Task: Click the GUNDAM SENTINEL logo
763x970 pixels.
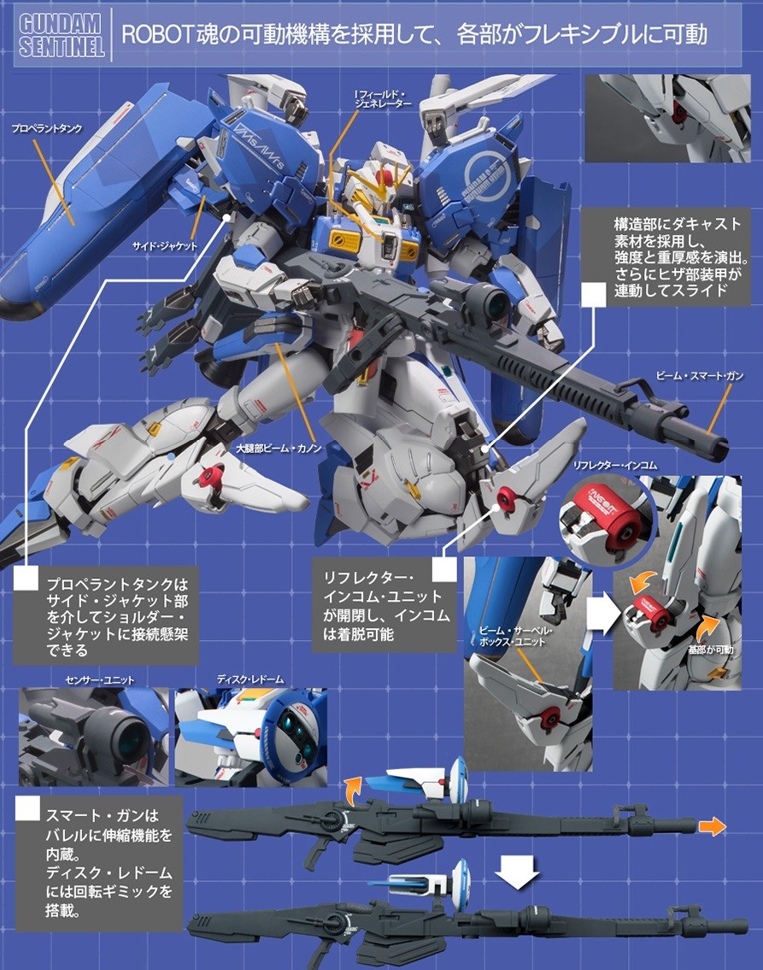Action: click(x=61, y=35)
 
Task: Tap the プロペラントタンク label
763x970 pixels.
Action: click(x=46, y=128)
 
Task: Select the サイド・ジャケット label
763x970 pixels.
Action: click(x=165, y=245)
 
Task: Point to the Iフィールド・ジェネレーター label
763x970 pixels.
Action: click(x=383, y=98)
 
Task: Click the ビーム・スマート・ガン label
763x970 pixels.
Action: click(x=699, y=375)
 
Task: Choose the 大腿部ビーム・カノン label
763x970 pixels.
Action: click(x=279, y=448)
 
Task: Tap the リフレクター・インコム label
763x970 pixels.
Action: click(x=615, y=465)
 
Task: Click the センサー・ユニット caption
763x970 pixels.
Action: click(x=100, y=679)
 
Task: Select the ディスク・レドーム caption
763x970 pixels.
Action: click(x=250, y=679)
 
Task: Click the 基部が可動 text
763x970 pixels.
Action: click(x=710, y=650)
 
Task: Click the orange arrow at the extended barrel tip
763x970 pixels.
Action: click(x=713, y=827)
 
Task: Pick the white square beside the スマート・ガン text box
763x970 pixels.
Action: click(x=28, y=808)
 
